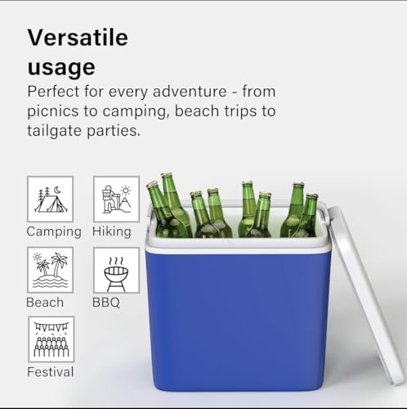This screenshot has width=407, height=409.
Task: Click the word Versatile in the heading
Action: [78, 38]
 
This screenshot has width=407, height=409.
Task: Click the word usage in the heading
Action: [61, 66]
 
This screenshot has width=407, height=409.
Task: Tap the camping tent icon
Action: [51, 199]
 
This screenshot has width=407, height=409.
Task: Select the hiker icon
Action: [116, 199]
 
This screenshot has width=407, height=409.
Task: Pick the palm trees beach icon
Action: [51, 270]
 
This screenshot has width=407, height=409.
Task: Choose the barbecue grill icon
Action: [116, 270]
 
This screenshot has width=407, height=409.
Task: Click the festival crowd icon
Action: [51, 339]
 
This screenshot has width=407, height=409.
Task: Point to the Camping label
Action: [54, 232]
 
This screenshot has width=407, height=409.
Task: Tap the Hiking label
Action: [112, 231]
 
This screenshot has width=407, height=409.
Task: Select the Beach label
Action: [45, 303]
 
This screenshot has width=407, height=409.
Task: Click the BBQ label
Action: [106, 303]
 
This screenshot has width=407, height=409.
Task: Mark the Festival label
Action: [51, 372]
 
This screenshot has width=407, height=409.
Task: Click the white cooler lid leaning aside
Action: [365, 294]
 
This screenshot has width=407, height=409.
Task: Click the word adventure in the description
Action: [190, 91]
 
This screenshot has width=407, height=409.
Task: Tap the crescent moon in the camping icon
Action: [57, 190]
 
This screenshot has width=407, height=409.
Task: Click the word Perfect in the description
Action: [53, 91]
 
